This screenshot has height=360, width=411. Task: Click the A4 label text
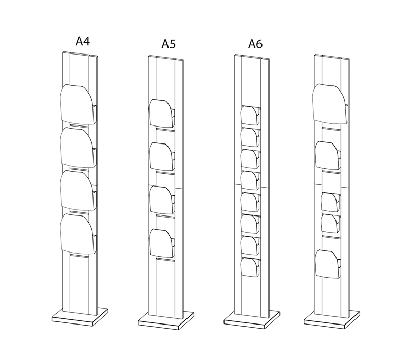coord(83,41)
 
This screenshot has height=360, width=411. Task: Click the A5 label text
coord(169,44)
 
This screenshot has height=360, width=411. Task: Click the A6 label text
coord(255,44)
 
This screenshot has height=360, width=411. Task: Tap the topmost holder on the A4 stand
coord(77,103)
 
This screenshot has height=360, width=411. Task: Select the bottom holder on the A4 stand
coord(77,233)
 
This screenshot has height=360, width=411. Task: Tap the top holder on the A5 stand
coord(161,112)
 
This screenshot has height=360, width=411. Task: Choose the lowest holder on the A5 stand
coord(161,241)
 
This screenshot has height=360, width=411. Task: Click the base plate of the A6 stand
coord(252,319)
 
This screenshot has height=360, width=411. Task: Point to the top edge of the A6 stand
coord(252,55)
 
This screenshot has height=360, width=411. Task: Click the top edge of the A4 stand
coord(78,53)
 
